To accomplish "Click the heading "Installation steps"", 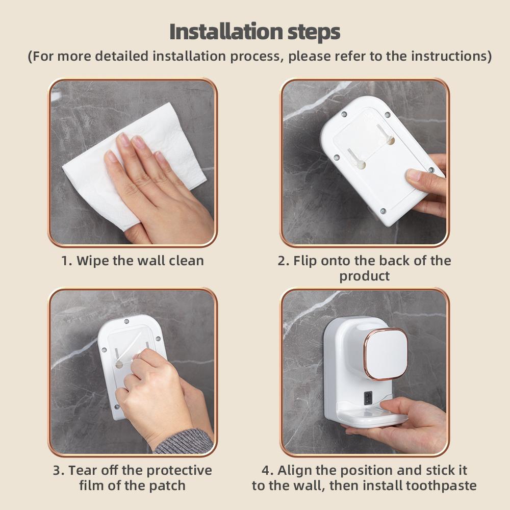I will click(x=254, y=32).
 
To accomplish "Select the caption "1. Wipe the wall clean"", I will click(x=133, y=261).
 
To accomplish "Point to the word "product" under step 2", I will click(x=364, y=276).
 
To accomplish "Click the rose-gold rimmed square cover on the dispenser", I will click(x=386, y=353).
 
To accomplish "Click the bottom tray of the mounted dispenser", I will click(x=367, y=418).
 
